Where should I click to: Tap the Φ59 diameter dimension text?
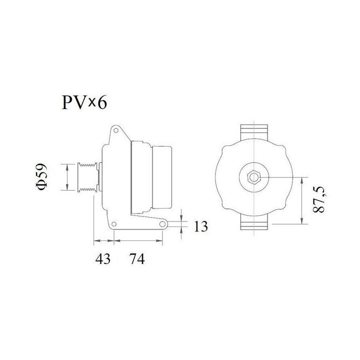click(x=42, y=176)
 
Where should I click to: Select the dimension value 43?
click(x=103, y=259)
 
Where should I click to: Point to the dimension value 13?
click(x=200, y=227)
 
